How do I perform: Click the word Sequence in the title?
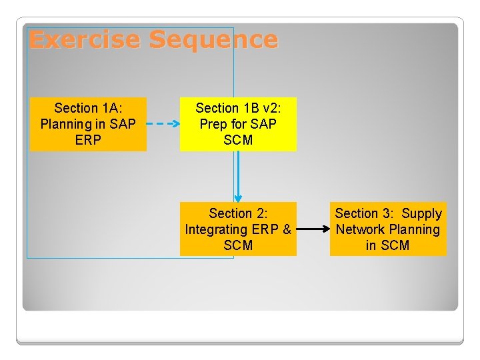[213, 40]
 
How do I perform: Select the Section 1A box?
[88, 124]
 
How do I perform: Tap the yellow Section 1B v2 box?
[238, 124]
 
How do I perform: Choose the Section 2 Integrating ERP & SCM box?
[238, 229]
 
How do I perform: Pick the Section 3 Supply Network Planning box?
[388, 229]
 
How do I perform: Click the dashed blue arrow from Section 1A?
[163, 124]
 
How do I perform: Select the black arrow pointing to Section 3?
[313, 229]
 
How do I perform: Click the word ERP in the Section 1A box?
[88, 140]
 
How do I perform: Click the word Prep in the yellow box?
[213, 124]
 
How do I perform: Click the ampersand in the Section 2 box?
[287, 229]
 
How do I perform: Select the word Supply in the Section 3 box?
[421, 213]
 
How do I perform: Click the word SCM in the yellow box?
[238, 140]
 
